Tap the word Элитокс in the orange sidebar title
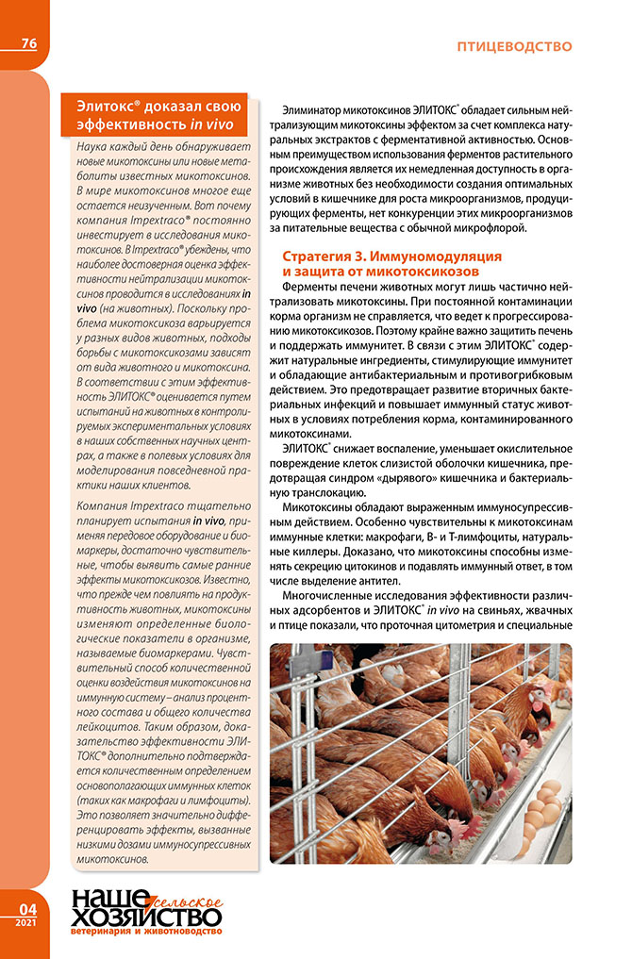(107, 106)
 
